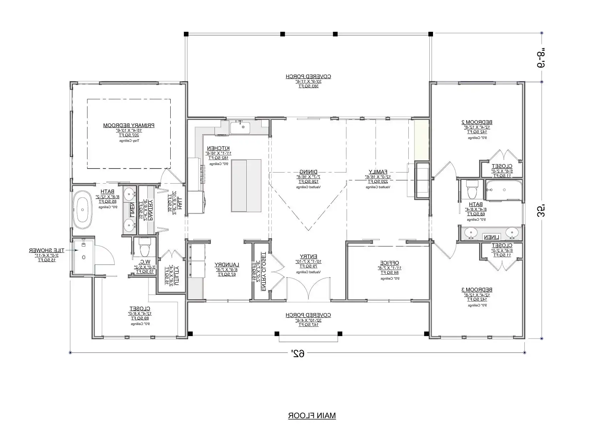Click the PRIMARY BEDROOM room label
point(129,125)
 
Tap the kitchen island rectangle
point(246,185)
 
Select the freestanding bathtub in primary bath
point(83,210)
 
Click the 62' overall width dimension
point(297,354)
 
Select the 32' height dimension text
point(541,210)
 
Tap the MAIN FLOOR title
point(312,416)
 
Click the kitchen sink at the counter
point(243,127)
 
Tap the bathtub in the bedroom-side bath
point(503,190)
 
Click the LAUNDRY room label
point(227,265)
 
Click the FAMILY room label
point(378,171)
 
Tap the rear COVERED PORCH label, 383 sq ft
point(308,76)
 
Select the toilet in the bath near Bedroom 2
point(472,189)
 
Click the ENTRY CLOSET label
point(263,271)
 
